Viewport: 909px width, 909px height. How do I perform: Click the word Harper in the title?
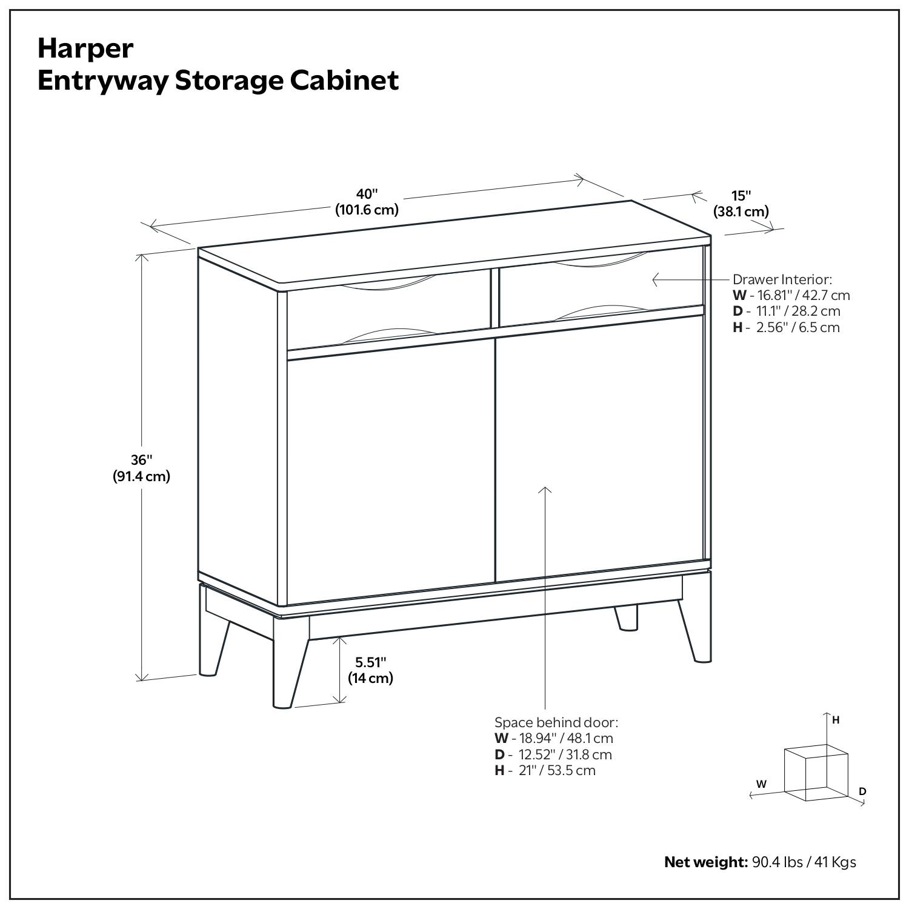coord(85,48)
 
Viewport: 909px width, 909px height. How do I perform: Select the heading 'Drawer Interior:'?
coord(782,279)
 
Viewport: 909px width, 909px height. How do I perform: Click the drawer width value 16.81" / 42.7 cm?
coord(799,295)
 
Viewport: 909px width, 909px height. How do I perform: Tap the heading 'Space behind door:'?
coord(556,722)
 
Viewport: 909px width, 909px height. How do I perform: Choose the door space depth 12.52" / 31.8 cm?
coord(561,754)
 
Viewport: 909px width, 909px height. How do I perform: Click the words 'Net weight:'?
coord(705,862)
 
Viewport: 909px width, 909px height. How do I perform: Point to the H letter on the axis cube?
coord(836,720)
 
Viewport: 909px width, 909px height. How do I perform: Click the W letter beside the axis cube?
coord(761,784)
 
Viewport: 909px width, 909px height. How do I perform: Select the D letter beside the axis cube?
coord(862,791)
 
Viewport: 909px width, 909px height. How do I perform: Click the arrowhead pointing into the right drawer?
coord(655,279)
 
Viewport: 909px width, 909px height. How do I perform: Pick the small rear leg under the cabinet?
coord(627,618)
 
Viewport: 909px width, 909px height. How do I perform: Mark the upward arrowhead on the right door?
coord(545,490)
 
